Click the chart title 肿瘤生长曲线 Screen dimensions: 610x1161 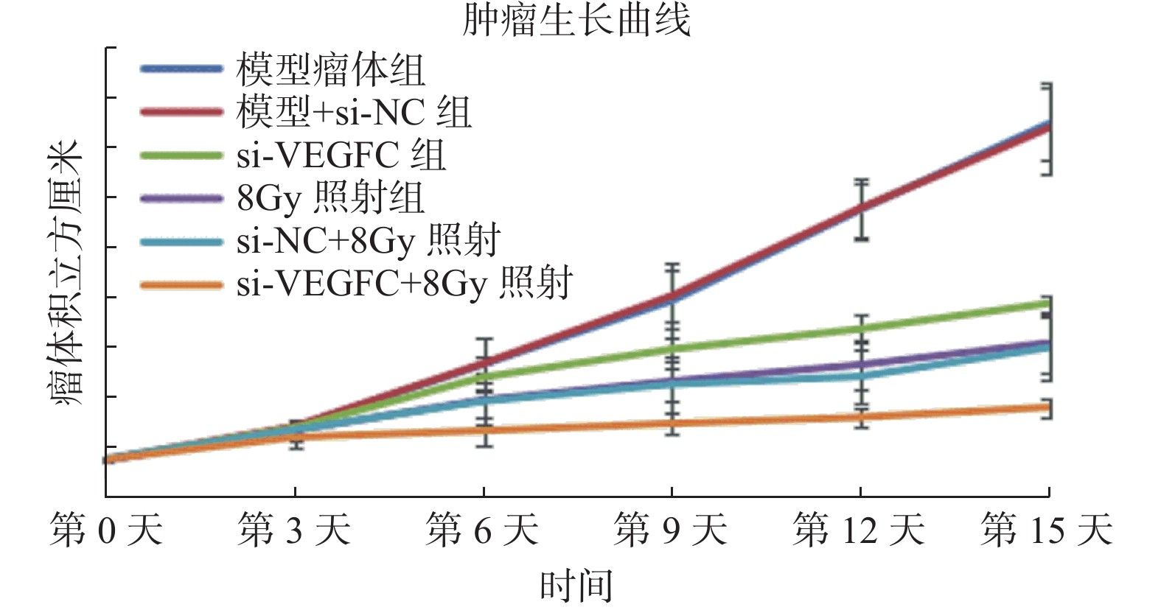point(576,20)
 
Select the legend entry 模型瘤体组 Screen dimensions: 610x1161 point(330,70)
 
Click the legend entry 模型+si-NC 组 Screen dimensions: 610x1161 point(353,113)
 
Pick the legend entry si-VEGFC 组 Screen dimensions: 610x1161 point(341,155)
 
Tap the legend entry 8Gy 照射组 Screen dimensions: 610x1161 point(330,197)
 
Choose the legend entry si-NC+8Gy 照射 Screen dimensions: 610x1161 point(369,240)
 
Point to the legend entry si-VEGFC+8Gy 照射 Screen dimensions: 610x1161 point(404,284)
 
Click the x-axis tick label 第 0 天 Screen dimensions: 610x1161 point(106,530)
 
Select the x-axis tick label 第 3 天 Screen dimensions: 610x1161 point(294,530)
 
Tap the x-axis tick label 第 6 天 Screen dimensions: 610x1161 point(483,530)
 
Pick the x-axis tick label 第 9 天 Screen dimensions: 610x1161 point(671,530)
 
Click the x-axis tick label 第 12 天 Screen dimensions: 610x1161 point(860,530)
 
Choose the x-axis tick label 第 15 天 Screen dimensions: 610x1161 point(1047,530)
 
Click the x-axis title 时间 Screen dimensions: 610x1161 point(576,586)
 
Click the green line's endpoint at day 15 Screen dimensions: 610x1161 point(1048,303)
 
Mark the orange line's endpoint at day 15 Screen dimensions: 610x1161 point(1048,407)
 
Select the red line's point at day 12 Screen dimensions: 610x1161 point(860,209)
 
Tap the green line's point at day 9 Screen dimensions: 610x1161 point(672,348)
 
